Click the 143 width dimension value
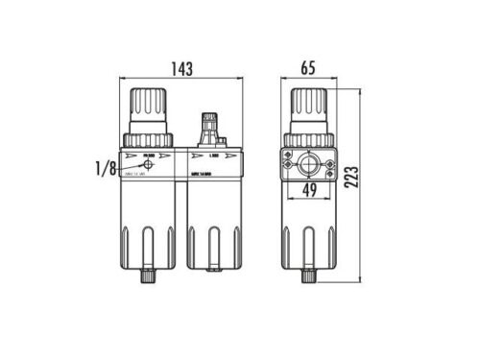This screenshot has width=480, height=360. point(181,70)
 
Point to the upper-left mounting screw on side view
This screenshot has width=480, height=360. point(289,154)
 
